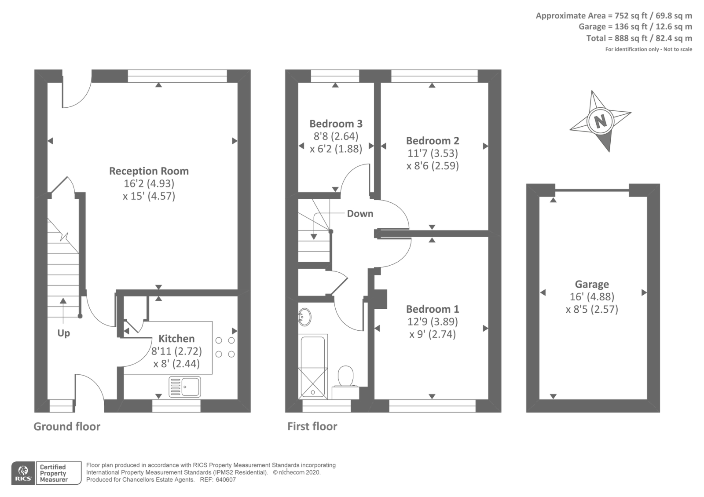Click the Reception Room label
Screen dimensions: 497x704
(x=149, y=171)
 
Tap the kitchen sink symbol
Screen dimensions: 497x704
(x=185, y=387)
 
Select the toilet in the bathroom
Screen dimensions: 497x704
(x=346, y=376)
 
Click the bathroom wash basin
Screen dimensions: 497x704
(x=304, y=317)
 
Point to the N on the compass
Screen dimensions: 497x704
(x=601, y=121)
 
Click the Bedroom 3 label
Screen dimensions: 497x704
(x=336, y=124)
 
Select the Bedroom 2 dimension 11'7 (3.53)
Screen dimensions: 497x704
(x=433, y=153)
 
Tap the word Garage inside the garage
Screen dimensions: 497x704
(x=592, y=284)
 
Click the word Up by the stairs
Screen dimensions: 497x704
(x=63, y=333)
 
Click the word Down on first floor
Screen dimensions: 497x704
(x=360, y=213)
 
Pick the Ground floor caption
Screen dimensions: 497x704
(x=67, y=426)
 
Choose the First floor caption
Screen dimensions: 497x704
(x=312, y=426)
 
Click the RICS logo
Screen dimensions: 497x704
(x=23, y=473)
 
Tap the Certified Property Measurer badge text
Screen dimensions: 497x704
(x=54, y=473)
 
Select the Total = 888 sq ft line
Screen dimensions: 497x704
(x=639, y=38)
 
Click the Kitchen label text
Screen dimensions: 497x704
(x=176, y=339)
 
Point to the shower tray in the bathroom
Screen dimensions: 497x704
(x=313, y=383)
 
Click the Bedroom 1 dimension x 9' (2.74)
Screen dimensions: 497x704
(x=433, y=334)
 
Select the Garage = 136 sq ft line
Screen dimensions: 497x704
(x=635, y=27)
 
